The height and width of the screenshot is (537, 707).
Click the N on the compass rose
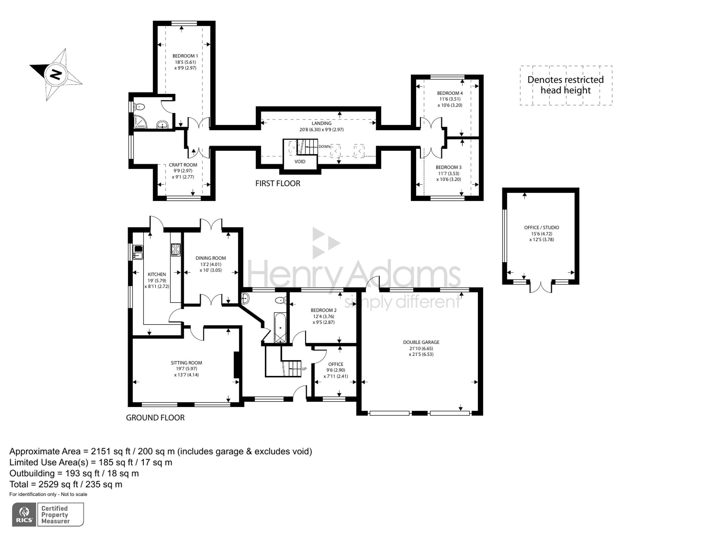55,74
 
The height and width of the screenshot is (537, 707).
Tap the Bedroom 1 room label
185,56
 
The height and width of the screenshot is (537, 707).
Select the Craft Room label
183,165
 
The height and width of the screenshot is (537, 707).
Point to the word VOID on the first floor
300,162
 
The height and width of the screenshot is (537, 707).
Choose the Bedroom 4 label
450,93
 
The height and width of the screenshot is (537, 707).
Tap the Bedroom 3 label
449,167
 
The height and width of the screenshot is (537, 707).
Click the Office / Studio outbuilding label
542,228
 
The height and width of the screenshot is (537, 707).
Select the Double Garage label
421,342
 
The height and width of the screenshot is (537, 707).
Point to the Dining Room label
211,258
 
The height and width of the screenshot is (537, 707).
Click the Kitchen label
157,274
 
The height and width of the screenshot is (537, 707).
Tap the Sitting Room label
186,363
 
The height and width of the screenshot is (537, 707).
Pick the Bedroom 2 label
323,310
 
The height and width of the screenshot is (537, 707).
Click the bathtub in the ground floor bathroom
280,327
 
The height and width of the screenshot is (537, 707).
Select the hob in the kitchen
176,250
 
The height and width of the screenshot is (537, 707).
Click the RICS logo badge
24,514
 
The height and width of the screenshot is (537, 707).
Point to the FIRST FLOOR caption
278,184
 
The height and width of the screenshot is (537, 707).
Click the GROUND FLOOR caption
155,418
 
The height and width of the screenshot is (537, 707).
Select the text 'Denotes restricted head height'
566,85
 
